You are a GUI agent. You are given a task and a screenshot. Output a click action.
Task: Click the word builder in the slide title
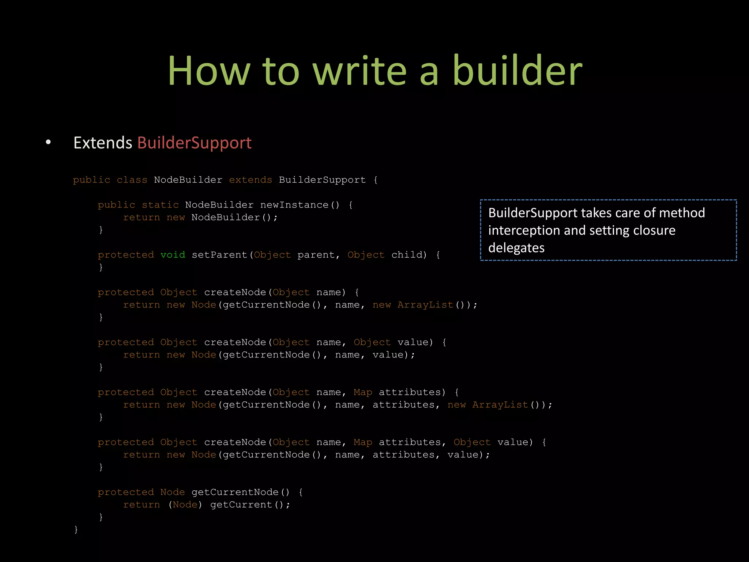pyautogui.click(x=517, y=71)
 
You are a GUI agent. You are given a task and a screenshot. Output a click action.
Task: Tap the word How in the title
pyautogui.click(x=208, y=71)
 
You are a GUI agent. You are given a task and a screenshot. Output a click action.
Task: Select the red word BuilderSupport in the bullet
pyautogui.click(x=194, y=143)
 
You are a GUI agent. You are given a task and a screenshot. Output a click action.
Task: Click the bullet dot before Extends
pyautogui.click(x=48, y=142)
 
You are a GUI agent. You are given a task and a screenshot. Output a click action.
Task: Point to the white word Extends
pyautogui.click(x=103, y=143)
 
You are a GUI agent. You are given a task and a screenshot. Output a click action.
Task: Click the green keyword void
pyautogui.click(x=173, y=255)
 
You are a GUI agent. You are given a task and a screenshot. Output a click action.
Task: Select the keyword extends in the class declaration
pyautogui.click(x=251, y=180)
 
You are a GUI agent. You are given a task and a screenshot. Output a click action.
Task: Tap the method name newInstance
pyautogui.click(x=294, y=205)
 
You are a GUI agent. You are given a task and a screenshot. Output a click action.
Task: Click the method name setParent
pyautogui.click(x=220, y=255)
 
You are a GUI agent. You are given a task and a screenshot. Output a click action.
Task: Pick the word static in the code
pyautogui.click(x=160, y=205)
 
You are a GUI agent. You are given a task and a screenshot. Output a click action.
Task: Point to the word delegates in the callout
pyautogui.click(x=516, y=248)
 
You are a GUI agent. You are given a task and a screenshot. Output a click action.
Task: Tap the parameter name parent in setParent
pyautogui.click(x=316, y=255)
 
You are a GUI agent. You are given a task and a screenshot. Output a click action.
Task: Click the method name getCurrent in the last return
pyautogui.click(x=241, y=505)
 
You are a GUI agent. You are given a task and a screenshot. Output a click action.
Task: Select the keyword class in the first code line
pyautogui.click(x=132, y=180)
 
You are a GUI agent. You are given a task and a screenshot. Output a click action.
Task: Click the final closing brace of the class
pyautogui.click(x=76, y=529)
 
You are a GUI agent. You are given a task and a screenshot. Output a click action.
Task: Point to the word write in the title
pyautogui.click(x=360, y=71)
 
